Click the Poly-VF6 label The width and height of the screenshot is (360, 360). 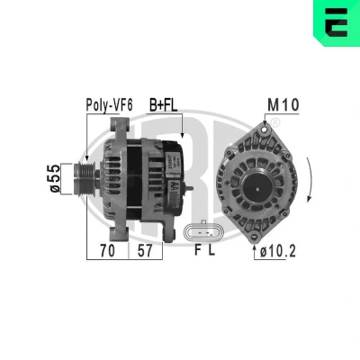[109, 105]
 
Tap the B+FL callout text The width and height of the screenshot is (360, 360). [164, 105]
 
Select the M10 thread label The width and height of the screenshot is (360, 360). [283, 105]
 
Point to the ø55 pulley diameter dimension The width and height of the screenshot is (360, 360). [55, 178]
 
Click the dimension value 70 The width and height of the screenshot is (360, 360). [107, 251]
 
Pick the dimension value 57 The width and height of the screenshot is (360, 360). [145, 251]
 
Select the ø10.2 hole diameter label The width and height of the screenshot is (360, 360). [278, 251]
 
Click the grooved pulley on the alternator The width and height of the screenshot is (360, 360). [85, 179]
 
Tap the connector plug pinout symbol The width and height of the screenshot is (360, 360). [203, 232]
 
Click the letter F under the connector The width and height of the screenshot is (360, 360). [197, 250]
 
